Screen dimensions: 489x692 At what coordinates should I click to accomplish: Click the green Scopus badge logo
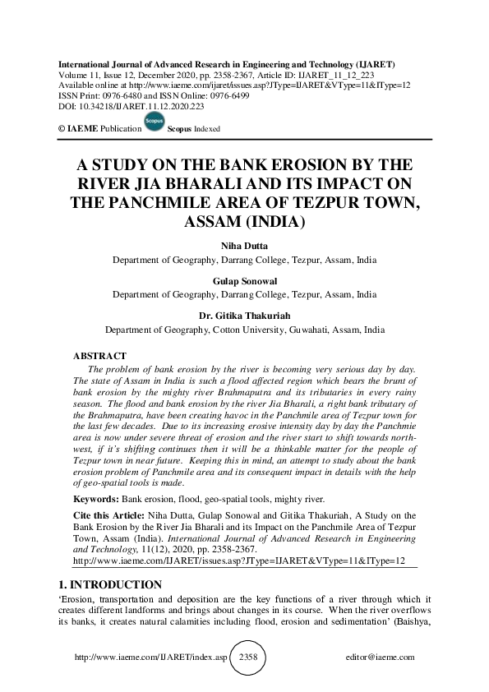click(153, 122)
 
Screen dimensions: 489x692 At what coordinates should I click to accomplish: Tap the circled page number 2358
click(247, 657)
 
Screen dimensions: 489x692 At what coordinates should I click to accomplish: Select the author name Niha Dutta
click(244, 246)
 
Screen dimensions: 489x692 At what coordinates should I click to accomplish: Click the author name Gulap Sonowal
click(244, 280)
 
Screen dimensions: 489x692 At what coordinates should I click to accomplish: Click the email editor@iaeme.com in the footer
click(381, 657)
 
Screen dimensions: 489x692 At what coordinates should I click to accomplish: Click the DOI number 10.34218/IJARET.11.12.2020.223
click(129, 106)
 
